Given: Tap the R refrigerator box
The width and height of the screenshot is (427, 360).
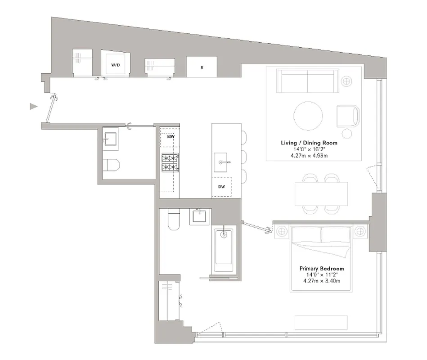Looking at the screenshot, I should pos(202,67).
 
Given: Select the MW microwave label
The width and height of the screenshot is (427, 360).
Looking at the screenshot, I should pos(170,137).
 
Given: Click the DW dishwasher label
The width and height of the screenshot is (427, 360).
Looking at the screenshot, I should pos(222,186).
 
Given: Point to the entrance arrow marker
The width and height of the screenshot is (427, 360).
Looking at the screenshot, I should pos(33,107).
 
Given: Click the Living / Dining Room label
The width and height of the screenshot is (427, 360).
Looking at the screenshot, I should pos(309,143).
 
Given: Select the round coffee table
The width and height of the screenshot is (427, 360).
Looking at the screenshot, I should pos(308,116).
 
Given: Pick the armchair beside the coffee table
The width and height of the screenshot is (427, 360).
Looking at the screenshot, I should pos(348,116).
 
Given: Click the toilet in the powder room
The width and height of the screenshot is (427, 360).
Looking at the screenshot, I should pos(110,166).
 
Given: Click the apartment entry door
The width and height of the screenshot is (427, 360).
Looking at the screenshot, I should pos(51,108).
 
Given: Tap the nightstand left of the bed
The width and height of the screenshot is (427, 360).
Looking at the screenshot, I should pos(282,232).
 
